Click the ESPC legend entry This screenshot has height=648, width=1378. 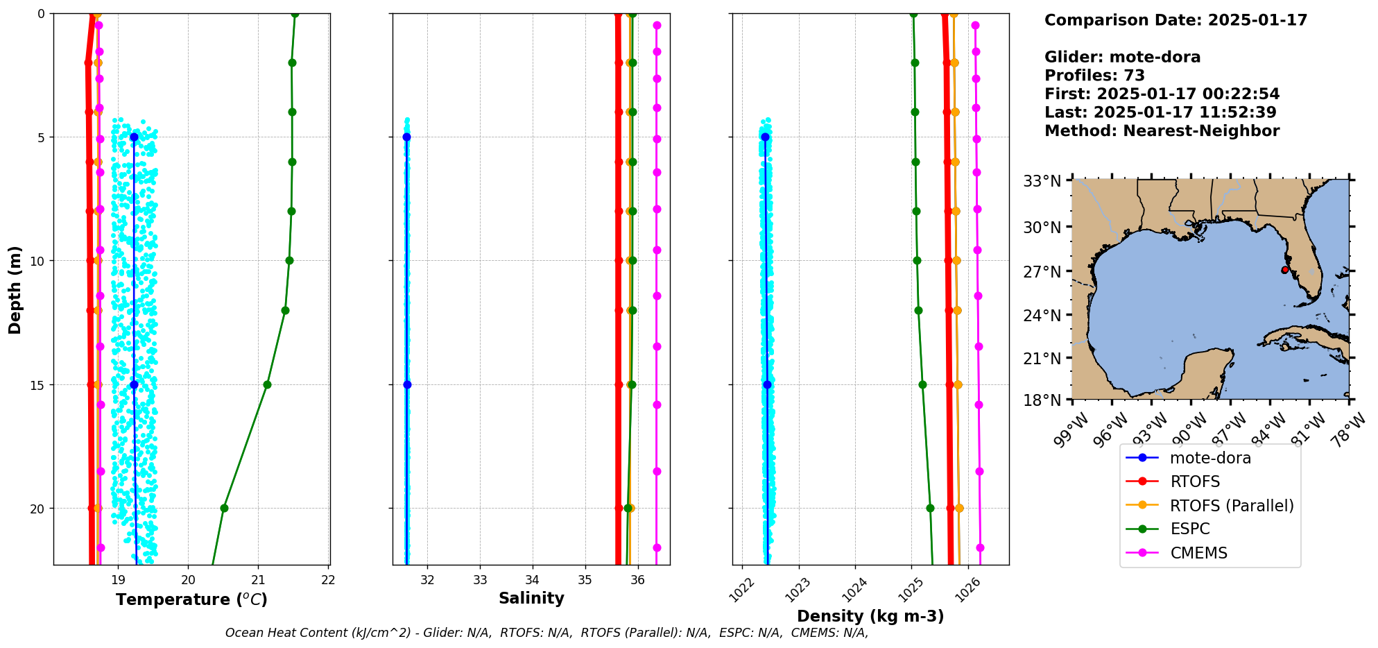(1189, 529)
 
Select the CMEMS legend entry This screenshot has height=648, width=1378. (1198, 553)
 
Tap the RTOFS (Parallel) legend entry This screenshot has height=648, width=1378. (1232, 506)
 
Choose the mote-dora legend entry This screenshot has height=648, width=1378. (1210, 458)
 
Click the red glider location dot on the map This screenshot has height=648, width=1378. (1284, 270)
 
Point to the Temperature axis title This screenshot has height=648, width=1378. (191, 599)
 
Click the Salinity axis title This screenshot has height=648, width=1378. (531, 598)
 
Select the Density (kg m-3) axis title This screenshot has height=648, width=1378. (870, 616)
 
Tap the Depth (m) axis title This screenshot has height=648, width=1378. (15, 289)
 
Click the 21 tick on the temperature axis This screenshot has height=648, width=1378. (258, 580)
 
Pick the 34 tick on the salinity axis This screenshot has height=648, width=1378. (532, 580)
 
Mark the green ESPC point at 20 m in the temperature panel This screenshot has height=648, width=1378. (224, 509)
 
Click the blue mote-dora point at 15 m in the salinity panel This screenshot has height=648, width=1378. (407, 384)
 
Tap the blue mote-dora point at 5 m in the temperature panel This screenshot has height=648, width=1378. (134, 137)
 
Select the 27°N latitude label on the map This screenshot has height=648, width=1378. (1042, 271)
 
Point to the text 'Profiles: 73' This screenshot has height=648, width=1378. (1094, 76)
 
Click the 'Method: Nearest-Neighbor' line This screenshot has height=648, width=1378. (1162, 131)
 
